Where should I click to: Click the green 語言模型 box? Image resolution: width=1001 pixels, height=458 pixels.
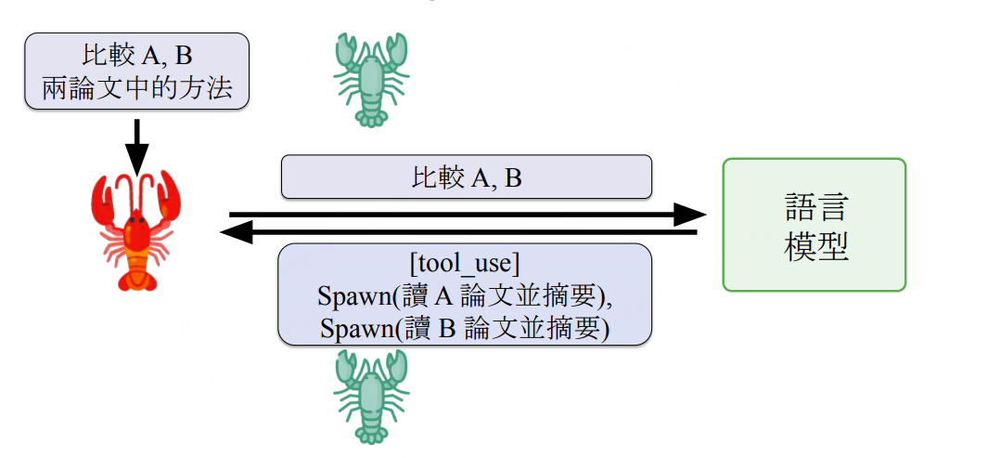tap(814, 225)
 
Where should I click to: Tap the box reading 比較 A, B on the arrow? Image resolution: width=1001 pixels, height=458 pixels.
tap(466, 177)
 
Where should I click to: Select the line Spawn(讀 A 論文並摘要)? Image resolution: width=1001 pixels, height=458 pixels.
tap(467, 297)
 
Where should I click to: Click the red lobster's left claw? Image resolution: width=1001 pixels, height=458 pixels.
tap(103, 197)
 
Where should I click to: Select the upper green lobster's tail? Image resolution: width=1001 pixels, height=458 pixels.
tap(372, 117)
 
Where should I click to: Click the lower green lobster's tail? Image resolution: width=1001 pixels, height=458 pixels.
tap(372, 433)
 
